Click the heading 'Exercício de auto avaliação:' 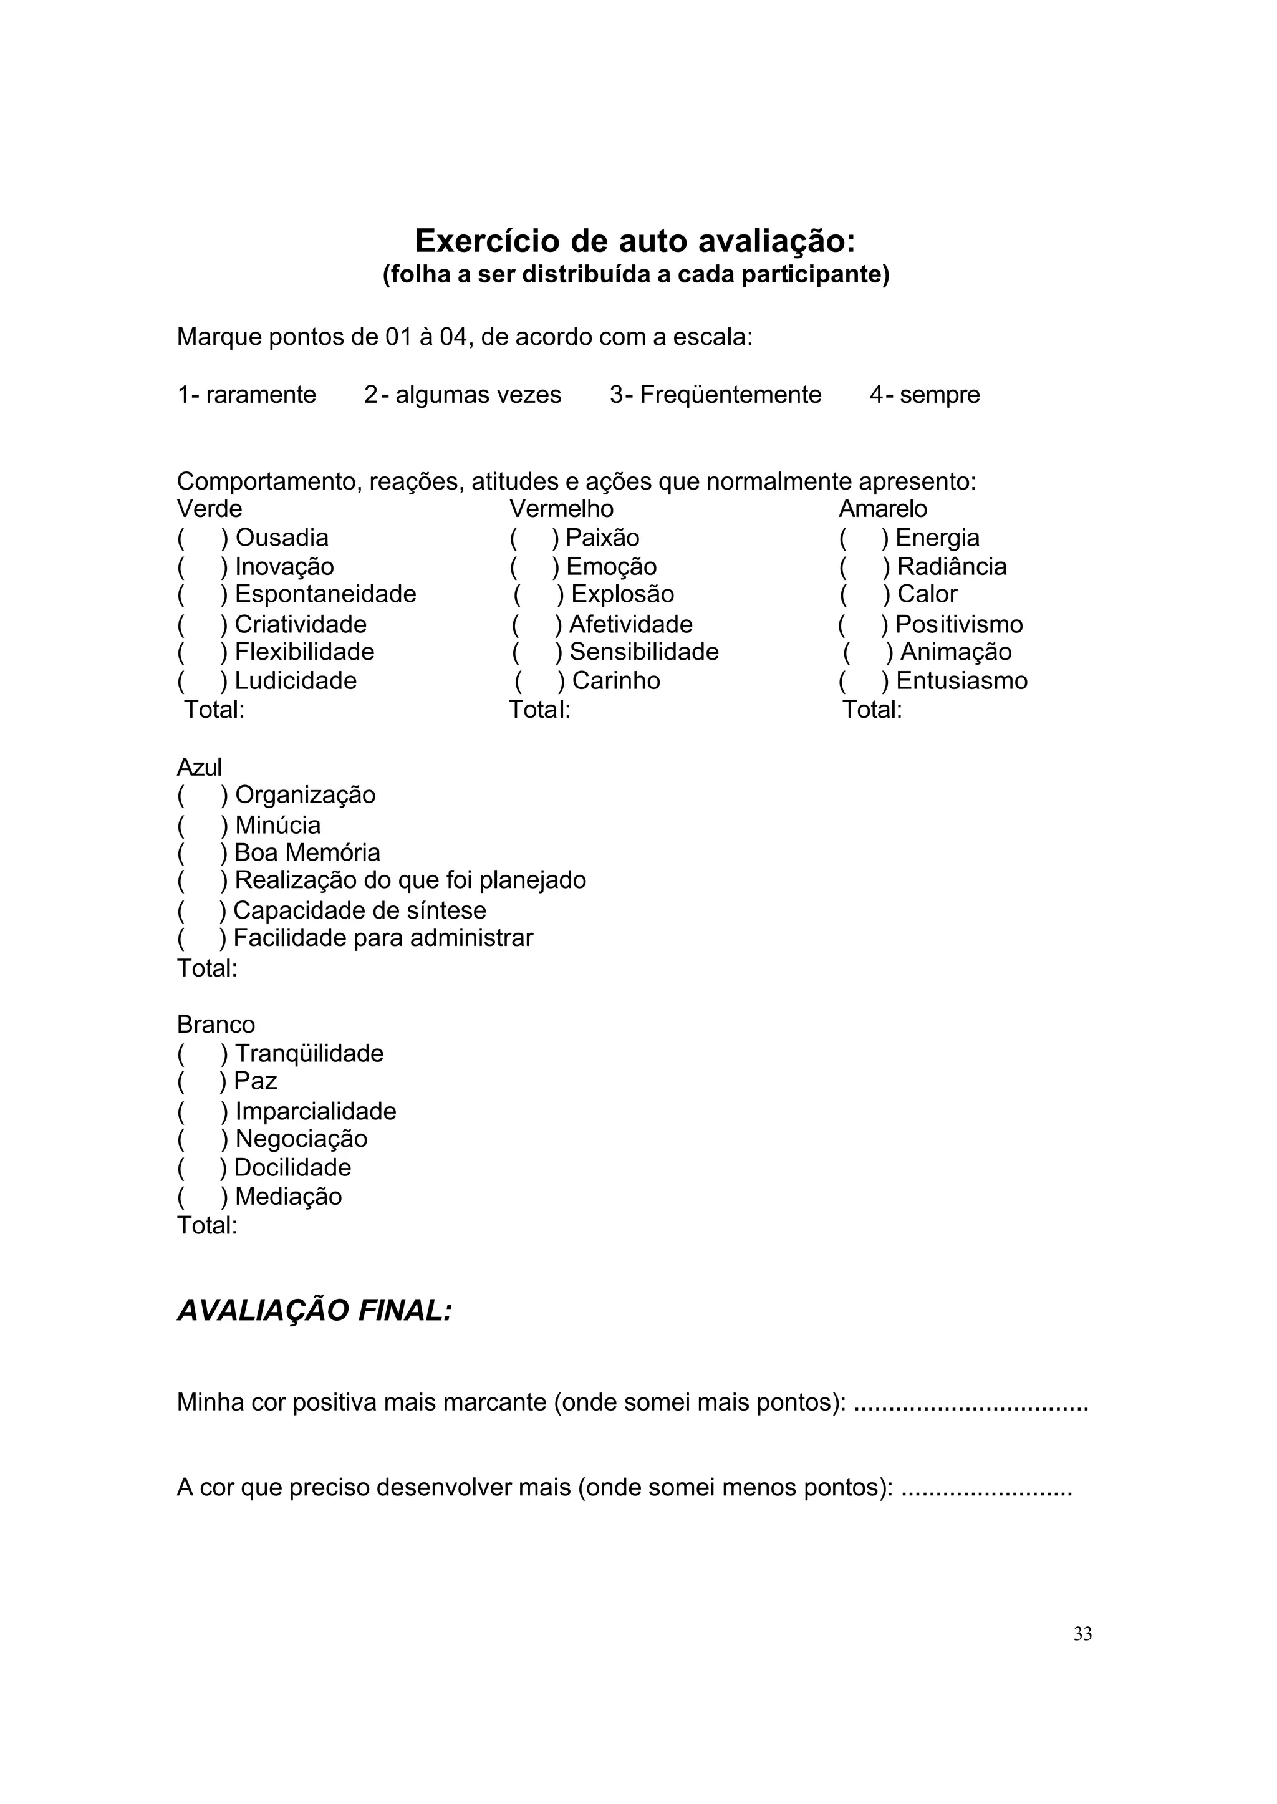tap(635, 241)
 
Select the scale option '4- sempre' tap(924, 394)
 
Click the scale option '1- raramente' tap(246, 394)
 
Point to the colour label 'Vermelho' tap(561, 509)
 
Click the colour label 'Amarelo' tap(882, 509)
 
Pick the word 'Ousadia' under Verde tap(281, 538)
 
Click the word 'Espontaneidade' tap(325, 594)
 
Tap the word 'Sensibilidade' tap(644, 652)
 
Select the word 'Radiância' tap(952, 566)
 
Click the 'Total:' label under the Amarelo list tap(872, 710)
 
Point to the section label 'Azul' tap(199, 767)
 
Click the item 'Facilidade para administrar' tap(383, 938)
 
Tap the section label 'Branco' tap(216, 1025)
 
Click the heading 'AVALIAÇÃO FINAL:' tap(314, 1311)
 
